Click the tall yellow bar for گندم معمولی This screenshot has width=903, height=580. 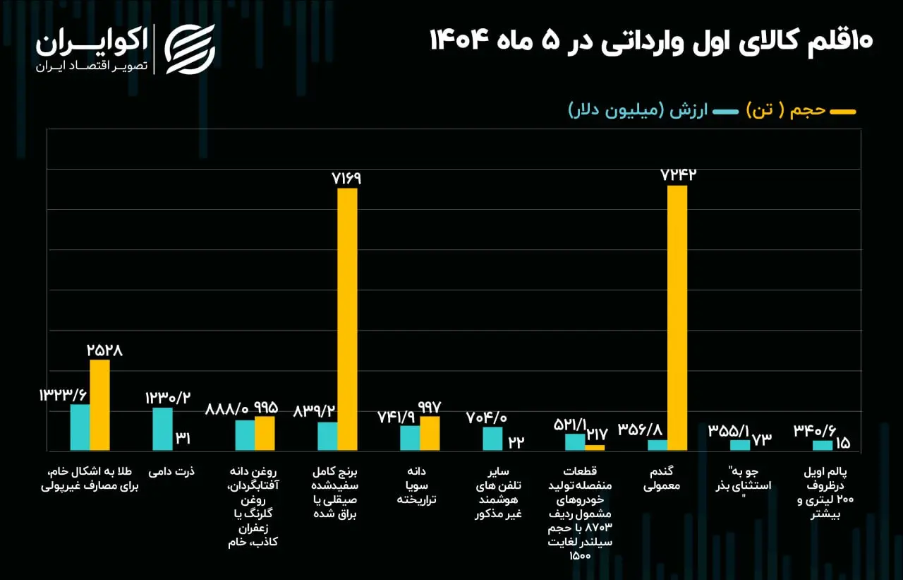coord(677,318)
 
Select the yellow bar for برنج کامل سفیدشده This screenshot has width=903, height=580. coord(347,318)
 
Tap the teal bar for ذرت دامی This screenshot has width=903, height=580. coord(162,429)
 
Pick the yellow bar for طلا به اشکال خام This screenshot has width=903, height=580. coord(99,405)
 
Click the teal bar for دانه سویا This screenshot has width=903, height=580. coord(410,437)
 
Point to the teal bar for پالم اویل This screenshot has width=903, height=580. coord(823,445)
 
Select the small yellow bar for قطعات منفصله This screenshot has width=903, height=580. coord(595,447)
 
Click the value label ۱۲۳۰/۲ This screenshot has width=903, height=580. coord(167,397)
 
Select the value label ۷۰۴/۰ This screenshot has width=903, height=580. coord(487,417)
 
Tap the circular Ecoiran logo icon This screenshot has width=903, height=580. coord(190,49)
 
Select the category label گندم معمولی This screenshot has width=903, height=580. coord(662,479)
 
